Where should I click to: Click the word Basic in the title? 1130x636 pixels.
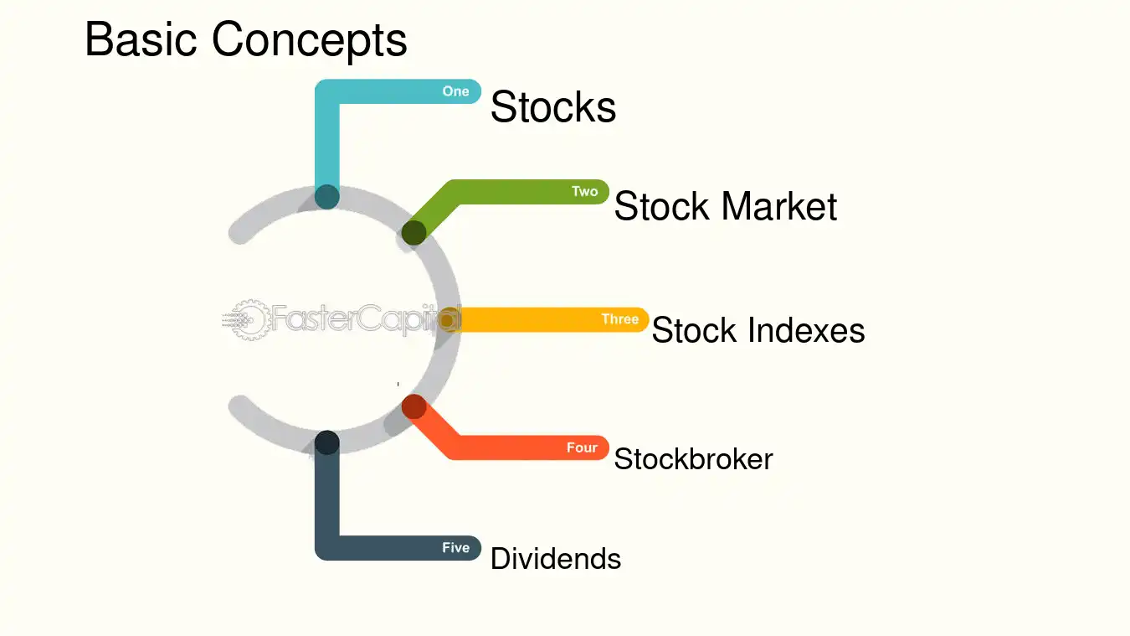[x=141, y=39]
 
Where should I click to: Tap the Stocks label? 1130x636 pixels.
[x=553, y=106]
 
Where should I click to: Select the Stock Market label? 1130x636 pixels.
[x=726, y=206]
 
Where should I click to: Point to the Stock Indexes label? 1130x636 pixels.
[x=758, y=330]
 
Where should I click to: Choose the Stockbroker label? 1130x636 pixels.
[x=693, y=458]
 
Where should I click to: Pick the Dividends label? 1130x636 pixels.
[x=556, y=559]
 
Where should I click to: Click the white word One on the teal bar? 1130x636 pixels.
[x=455, y=91]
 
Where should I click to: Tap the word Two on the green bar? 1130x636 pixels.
[x=585, y=191]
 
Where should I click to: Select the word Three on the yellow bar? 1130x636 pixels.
[x=620, y=319]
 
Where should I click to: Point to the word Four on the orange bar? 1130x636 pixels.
[x=582, y=447]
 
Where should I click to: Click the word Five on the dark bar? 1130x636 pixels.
[x=456, y=547]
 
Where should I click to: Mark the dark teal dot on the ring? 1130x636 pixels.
[x=327, y=197]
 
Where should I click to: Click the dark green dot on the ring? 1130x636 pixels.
[x=414, y=233]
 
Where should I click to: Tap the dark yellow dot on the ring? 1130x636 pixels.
[x=447, y=320]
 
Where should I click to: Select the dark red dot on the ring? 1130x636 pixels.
[x=414, y=406]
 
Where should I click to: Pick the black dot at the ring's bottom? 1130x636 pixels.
[x=327, y=442]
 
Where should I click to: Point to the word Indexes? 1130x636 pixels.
[x=806, y=330]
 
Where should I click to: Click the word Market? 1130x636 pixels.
[x=779, y=206]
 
